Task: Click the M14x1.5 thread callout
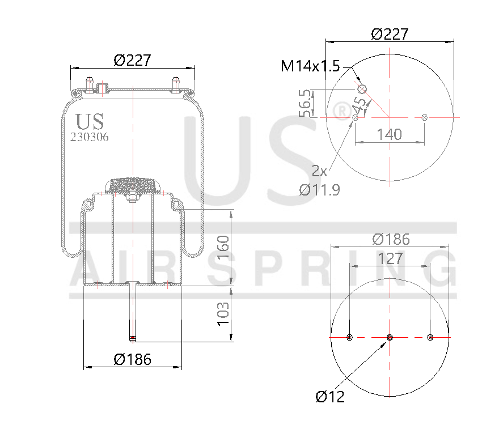[x=310, y=66]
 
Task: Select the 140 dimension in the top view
[x=390, y=134]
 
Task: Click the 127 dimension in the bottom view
[x=390, y=258]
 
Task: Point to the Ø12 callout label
[x=329, y=397]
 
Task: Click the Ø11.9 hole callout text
[x=320, y=190]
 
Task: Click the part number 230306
[x=90, y=137]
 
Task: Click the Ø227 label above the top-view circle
[x=390, y=34]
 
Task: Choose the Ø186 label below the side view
[x=132, y=359]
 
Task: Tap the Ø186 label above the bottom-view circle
[x=391, y=239]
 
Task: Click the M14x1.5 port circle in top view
[x=362, y=89]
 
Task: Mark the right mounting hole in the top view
[x=425, y=117]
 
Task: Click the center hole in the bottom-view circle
[x=390, y=338]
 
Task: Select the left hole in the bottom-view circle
[x=349, y=338]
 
